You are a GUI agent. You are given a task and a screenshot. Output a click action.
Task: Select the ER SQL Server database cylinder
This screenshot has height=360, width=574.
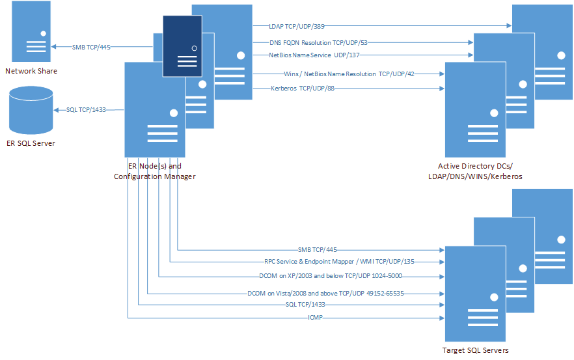point(31,110)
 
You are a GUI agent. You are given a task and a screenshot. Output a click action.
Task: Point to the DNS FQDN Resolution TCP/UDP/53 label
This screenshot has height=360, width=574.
point(310,42)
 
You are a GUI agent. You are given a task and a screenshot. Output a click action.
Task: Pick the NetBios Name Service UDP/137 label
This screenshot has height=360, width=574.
point(310,55)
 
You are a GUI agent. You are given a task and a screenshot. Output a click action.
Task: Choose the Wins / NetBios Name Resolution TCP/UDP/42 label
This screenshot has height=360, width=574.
point(349,74)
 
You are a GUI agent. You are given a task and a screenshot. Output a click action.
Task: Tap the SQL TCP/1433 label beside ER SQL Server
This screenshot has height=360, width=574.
point(86,110)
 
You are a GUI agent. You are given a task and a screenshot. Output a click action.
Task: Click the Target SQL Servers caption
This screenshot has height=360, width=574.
point(475,350)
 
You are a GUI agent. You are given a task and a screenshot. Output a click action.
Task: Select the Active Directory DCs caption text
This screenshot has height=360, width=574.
point(475,167)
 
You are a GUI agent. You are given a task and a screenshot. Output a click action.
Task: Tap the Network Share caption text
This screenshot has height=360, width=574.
point(31,71)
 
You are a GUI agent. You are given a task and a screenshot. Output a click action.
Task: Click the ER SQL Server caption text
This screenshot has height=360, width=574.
point(31,143)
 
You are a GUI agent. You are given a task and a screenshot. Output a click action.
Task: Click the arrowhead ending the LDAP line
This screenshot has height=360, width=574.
point(509,27)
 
